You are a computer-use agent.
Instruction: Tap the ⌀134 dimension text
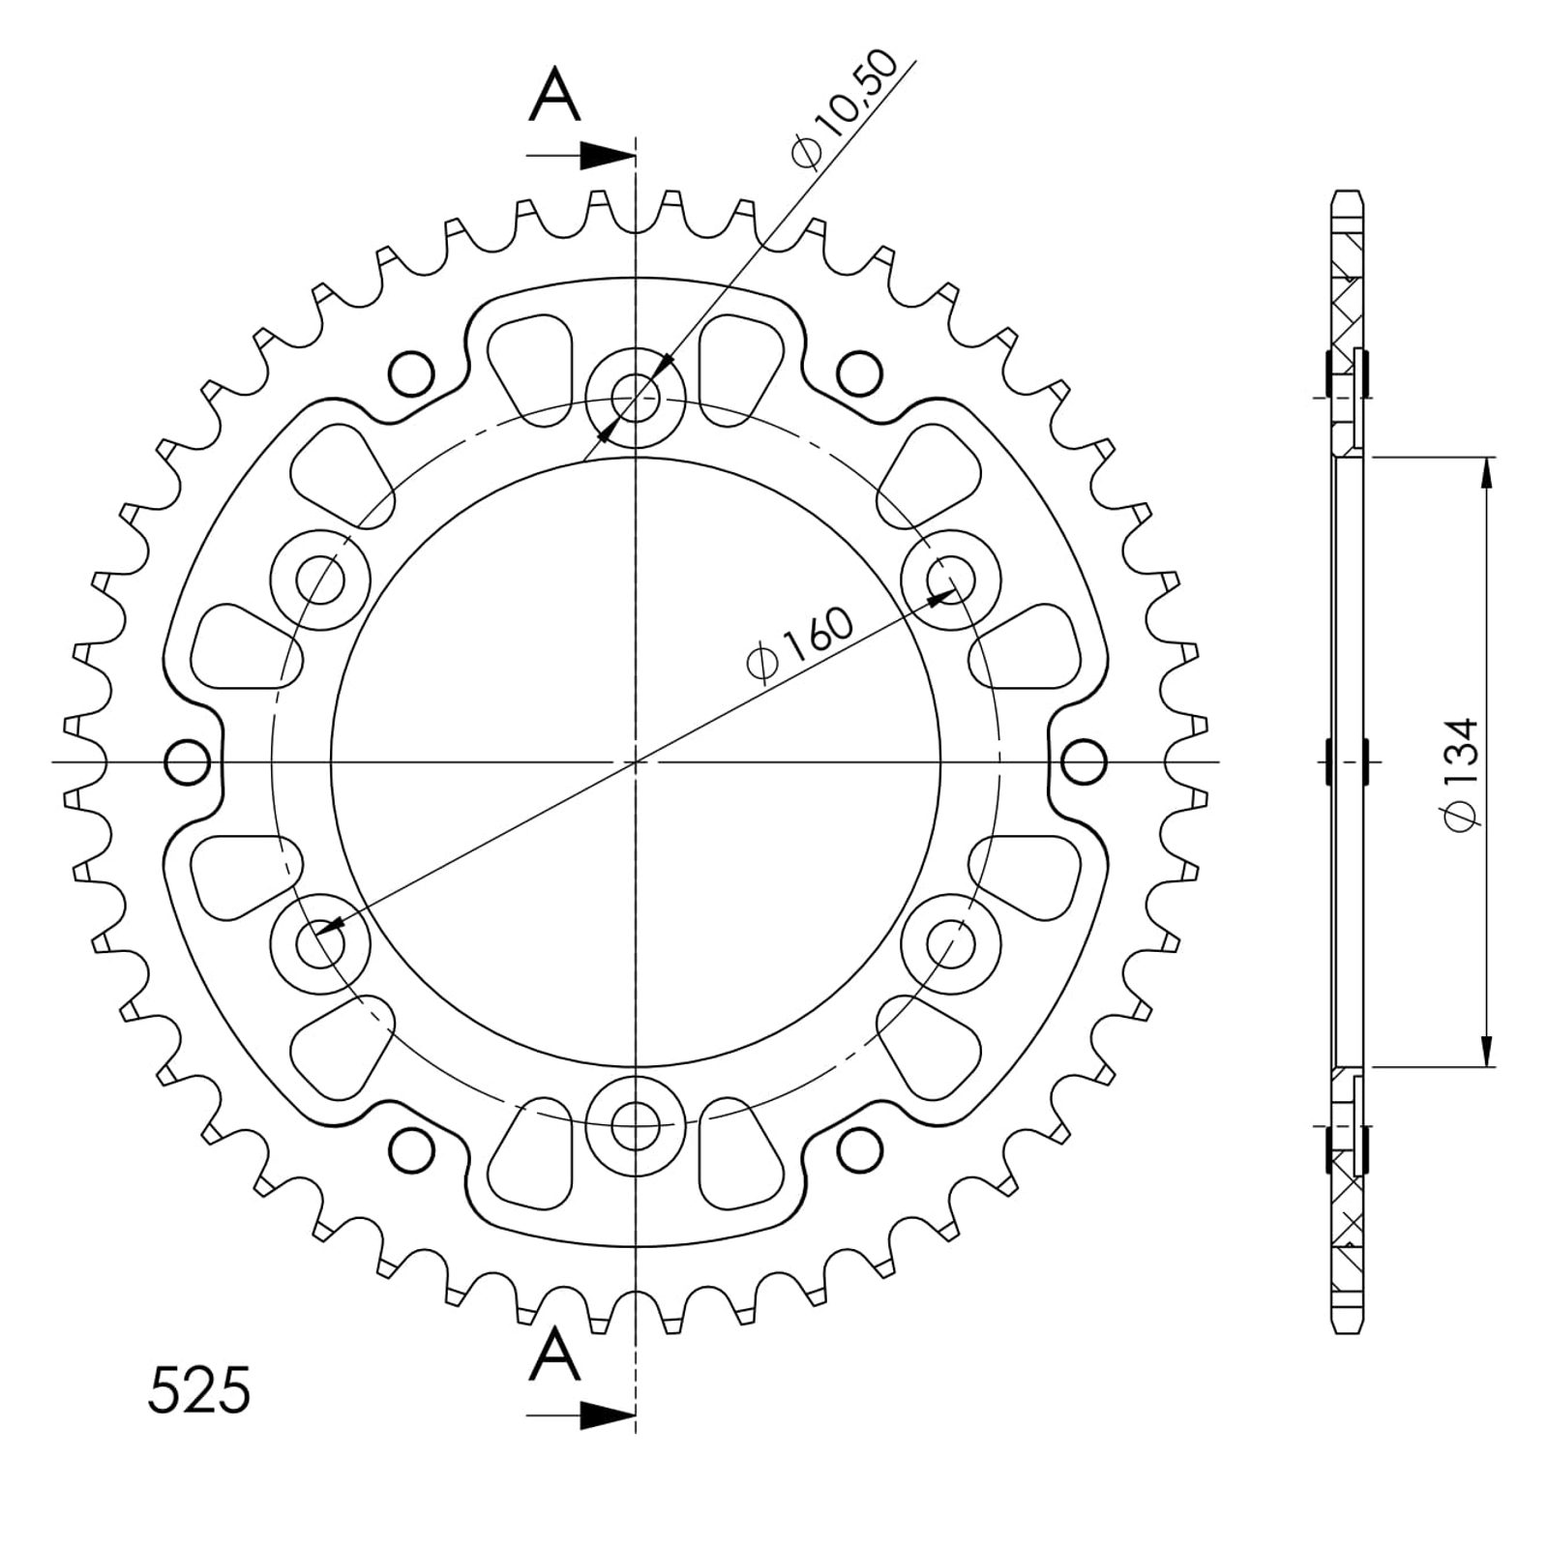(x=1460, y=772)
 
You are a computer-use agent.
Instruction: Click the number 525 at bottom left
(x=199, y=1391)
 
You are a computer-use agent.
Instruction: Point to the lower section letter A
(x=555, y=1354)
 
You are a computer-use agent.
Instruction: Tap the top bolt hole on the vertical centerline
(x=636, y=397)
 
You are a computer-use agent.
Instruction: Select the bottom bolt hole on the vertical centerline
(x=636, y=1126)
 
